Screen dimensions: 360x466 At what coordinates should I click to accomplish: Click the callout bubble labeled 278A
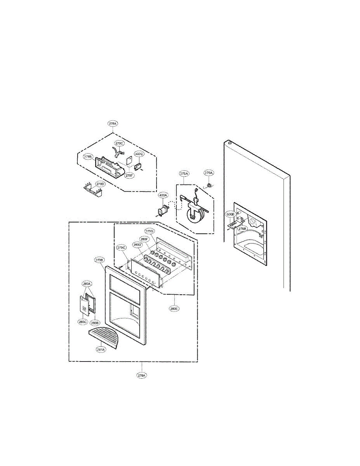[113, 123]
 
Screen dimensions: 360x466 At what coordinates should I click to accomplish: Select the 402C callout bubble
[139, 154]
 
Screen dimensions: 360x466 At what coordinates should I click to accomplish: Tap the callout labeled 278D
[101, 184]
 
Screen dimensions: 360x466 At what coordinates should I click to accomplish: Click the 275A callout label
[184, 173]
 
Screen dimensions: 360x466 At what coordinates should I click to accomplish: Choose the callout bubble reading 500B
[230, 214]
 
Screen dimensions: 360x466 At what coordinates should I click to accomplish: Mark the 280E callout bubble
[174, 309]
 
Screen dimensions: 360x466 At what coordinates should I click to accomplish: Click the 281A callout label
[101, 349]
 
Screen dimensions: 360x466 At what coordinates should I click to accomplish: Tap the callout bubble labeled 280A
[87, 284]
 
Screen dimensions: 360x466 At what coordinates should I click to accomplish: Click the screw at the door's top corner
[230, 143]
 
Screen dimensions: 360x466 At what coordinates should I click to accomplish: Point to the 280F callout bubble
[144, 239]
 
